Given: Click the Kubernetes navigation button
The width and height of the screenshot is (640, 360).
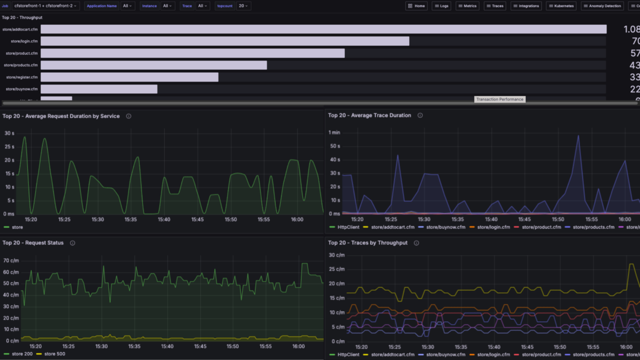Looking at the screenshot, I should [x=561, y=6].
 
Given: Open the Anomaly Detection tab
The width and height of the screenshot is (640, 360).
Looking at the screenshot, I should [x=602, y=6].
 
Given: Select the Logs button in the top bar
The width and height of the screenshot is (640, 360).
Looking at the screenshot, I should [x=441, y=6].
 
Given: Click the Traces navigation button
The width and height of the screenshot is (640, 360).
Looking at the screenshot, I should [x=494, y=6].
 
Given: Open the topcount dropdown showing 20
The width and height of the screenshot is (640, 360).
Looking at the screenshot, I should [x=243, y=6].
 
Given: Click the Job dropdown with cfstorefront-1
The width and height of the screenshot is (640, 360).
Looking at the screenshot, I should [x=46, y=6].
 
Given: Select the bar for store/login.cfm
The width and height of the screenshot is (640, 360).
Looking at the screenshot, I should [x=225, y=41].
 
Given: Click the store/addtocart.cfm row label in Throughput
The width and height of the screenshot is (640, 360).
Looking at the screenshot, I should [x=20, y=29].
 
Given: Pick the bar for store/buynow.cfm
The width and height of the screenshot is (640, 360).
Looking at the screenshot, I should [x=99, y=89].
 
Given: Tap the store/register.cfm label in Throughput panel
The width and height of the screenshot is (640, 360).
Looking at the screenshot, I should [x=22, y=77].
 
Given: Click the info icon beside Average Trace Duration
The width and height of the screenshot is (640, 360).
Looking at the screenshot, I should [x=420, y=116].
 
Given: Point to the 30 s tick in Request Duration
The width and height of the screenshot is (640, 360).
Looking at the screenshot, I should [x=9, y=133].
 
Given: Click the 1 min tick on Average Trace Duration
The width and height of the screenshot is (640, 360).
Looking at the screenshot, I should [x=334, y=133].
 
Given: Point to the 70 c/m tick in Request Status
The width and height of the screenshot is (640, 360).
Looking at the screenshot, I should [x=11, y=260].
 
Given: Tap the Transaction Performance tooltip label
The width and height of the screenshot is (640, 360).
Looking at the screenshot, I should [x=500, y=99].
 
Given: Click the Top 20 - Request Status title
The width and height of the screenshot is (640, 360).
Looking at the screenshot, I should [x=33, y=243].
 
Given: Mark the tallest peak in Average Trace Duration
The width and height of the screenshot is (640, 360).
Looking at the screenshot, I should [x=578, y=136].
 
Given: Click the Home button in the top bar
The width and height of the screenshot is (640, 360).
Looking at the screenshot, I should [x=416, y=6].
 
